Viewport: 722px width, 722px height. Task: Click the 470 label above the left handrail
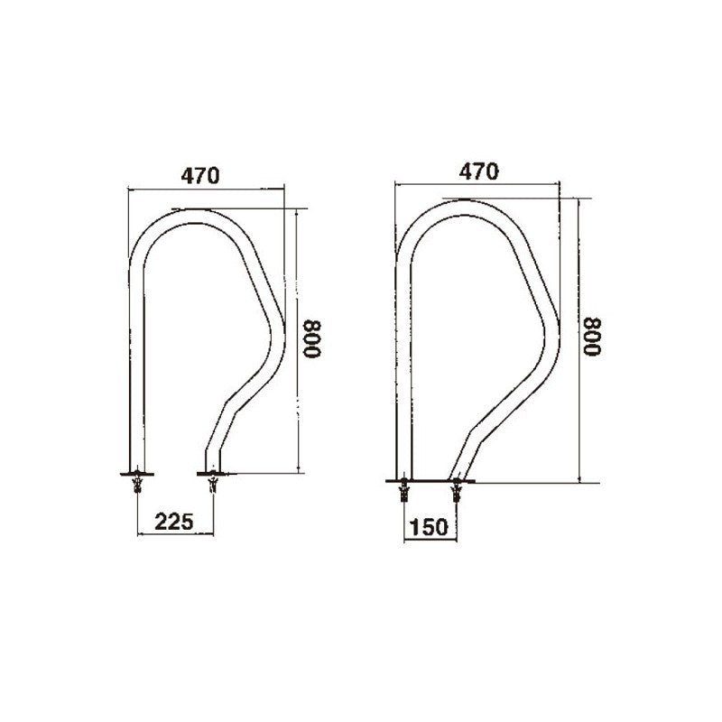click(x=201, y=177)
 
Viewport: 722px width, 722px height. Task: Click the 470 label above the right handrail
click(x=478, y=171)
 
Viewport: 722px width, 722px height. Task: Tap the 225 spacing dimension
click(x=176, y=521)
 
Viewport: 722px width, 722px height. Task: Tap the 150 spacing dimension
click(x=429, y=527)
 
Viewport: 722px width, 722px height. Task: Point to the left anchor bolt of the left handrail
click(x=137, y=486)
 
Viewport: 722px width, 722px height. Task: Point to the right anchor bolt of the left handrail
click(x=213, y=486)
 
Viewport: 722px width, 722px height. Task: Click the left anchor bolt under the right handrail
click(x=403, y=493)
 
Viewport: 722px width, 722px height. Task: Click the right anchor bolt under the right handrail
click(x=456, y=493)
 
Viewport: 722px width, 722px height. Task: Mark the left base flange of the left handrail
click(x=136, y=472)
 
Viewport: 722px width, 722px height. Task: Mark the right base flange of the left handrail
click(x=213, y=472)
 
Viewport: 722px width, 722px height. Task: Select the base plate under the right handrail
click(x=430, y=482)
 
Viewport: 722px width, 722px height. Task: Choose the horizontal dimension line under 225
click(x=176, y=535)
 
